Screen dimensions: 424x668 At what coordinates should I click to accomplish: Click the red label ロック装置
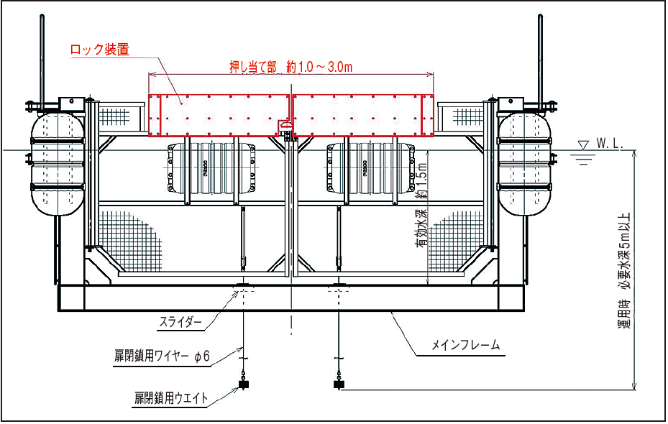[x=99, y=50]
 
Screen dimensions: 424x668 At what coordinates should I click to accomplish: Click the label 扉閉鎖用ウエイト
[x=171, y=397]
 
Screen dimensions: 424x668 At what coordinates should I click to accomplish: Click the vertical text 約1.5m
[x=422, y=179]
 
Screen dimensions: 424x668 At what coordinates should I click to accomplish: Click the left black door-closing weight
[x=244, y=385]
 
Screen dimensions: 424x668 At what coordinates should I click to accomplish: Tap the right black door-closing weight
[x=338, y=385]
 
